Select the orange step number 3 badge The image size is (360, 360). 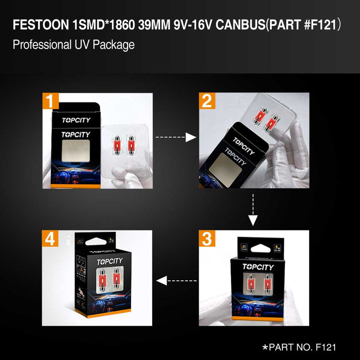pos(207,239)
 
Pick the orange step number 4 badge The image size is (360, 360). pos(50,239)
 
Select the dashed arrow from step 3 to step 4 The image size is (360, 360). pos(176,281)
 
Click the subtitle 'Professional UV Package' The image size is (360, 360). pos(74,45)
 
